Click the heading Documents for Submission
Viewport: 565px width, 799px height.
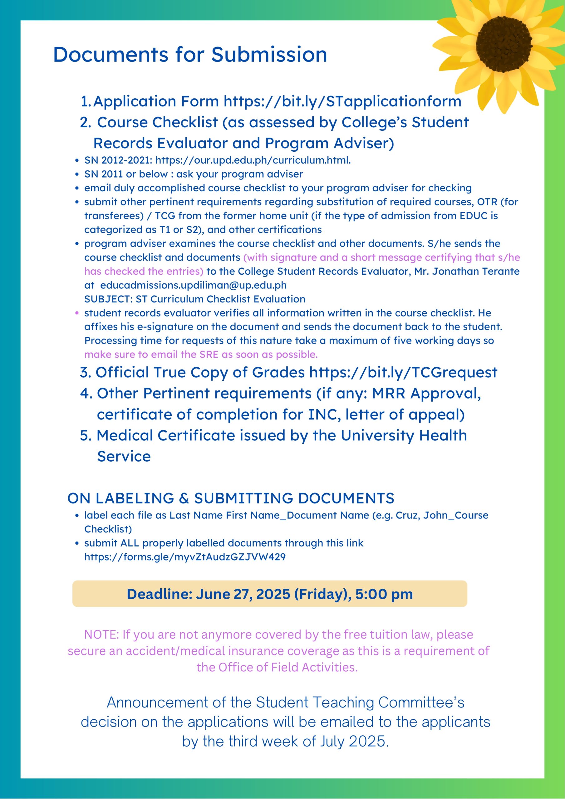190,55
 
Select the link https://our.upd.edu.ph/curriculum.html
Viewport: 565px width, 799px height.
253,160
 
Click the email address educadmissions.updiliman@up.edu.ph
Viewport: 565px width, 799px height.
193,285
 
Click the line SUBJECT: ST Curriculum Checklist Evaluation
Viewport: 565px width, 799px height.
194,299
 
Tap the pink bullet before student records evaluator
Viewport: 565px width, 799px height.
77,313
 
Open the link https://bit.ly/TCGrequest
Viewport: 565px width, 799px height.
403,372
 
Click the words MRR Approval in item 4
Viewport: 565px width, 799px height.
426,393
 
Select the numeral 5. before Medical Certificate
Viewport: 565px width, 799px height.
86,435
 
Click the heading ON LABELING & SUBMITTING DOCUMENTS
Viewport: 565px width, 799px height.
230,498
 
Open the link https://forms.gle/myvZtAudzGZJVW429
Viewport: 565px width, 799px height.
185,557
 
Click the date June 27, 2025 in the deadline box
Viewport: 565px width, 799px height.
243,594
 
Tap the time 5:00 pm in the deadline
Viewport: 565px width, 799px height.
384,594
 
